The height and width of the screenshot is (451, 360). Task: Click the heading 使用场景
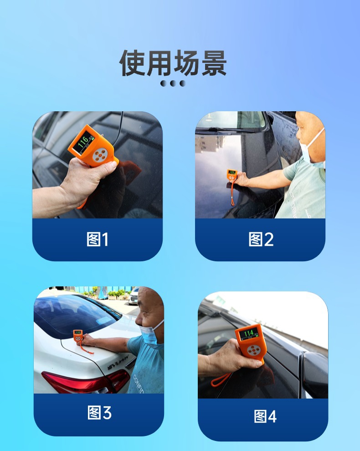click(x=173, y=63)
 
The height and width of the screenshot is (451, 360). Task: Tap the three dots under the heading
click(x=173, y=83)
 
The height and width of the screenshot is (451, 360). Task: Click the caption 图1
click(x=98, y=239)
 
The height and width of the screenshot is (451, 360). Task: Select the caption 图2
click(x=261, y=239)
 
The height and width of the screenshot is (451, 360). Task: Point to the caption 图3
click(x=99, y=413)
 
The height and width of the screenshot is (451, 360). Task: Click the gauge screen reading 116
click(x=84, y=143)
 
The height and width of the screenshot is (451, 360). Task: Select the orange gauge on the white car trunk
click(x=78, y=337)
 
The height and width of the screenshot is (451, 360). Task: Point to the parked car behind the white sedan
click(x=134, y=296)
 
